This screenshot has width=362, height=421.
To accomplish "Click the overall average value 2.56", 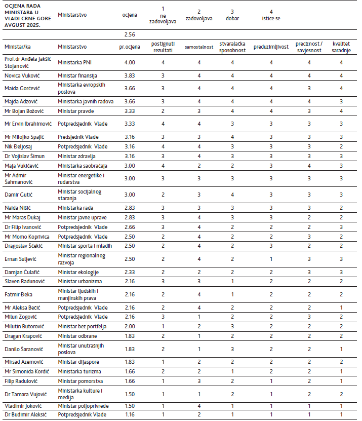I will pos(130,34).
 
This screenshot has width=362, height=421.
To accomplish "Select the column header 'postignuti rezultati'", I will pos(163,47).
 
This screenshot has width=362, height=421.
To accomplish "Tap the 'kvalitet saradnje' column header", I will pos(341,47).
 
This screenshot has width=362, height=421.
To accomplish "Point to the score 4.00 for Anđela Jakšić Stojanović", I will pos(130,62).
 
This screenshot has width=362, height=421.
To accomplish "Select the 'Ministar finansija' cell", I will pos(77,75).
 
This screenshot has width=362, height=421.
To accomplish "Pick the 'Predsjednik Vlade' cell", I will pos(78,137).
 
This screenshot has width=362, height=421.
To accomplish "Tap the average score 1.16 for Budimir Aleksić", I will pos(130,415).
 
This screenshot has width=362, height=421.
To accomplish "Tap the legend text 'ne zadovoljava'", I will pos(163,19).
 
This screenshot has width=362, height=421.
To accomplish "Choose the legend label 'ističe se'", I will pos(271,18).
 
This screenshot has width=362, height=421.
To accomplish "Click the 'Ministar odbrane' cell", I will pos(76,336).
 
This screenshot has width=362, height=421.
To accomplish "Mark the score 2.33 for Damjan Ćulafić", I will pos(130,272).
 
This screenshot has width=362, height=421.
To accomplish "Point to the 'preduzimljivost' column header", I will pos(271,47).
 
